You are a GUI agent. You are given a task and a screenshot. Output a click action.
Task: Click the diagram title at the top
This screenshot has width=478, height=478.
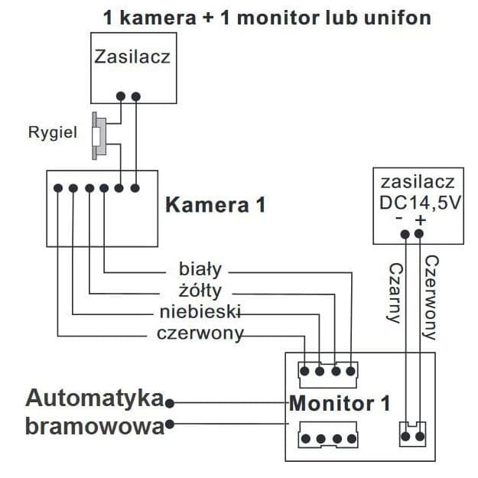[267, 17]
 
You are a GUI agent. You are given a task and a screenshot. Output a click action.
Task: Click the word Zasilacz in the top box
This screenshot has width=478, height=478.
[132, 56]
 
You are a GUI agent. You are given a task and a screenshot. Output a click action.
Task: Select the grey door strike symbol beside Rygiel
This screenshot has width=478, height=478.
[98, 136]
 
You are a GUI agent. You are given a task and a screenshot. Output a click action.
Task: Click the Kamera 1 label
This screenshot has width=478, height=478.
[216, 204]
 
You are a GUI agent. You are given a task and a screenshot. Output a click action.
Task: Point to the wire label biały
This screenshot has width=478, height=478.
[200, 269]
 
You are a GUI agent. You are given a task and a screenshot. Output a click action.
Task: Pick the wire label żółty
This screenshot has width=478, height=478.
[200, 291]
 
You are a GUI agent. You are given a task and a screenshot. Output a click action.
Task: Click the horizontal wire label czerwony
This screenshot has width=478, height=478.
[200, 333]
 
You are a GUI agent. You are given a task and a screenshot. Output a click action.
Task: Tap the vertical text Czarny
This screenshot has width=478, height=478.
[395, 294]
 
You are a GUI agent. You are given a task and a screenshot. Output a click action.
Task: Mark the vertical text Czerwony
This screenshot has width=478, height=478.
[430, 298]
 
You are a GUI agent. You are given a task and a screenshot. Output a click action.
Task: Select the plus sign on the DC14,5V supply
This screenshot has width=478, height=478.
[420, 220]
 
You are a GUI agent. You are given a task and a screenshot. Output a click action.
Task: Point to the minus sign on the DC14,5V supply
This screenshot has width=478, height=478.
[399, 220]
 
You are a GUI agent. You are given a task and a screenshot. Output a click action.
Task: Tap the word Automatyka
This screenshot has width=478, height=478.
[95, 399]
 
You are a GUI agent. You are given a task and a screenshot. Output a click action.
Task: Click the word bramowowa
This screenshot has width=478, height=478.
[95, 425]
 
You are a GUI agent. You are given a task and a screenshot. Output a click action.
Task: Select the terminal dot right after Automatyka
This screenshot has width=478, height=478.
[170, 402]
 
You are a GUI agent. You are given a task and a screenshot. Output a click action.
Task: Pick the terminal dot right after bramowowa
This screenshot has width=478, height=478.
[170, 423]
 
